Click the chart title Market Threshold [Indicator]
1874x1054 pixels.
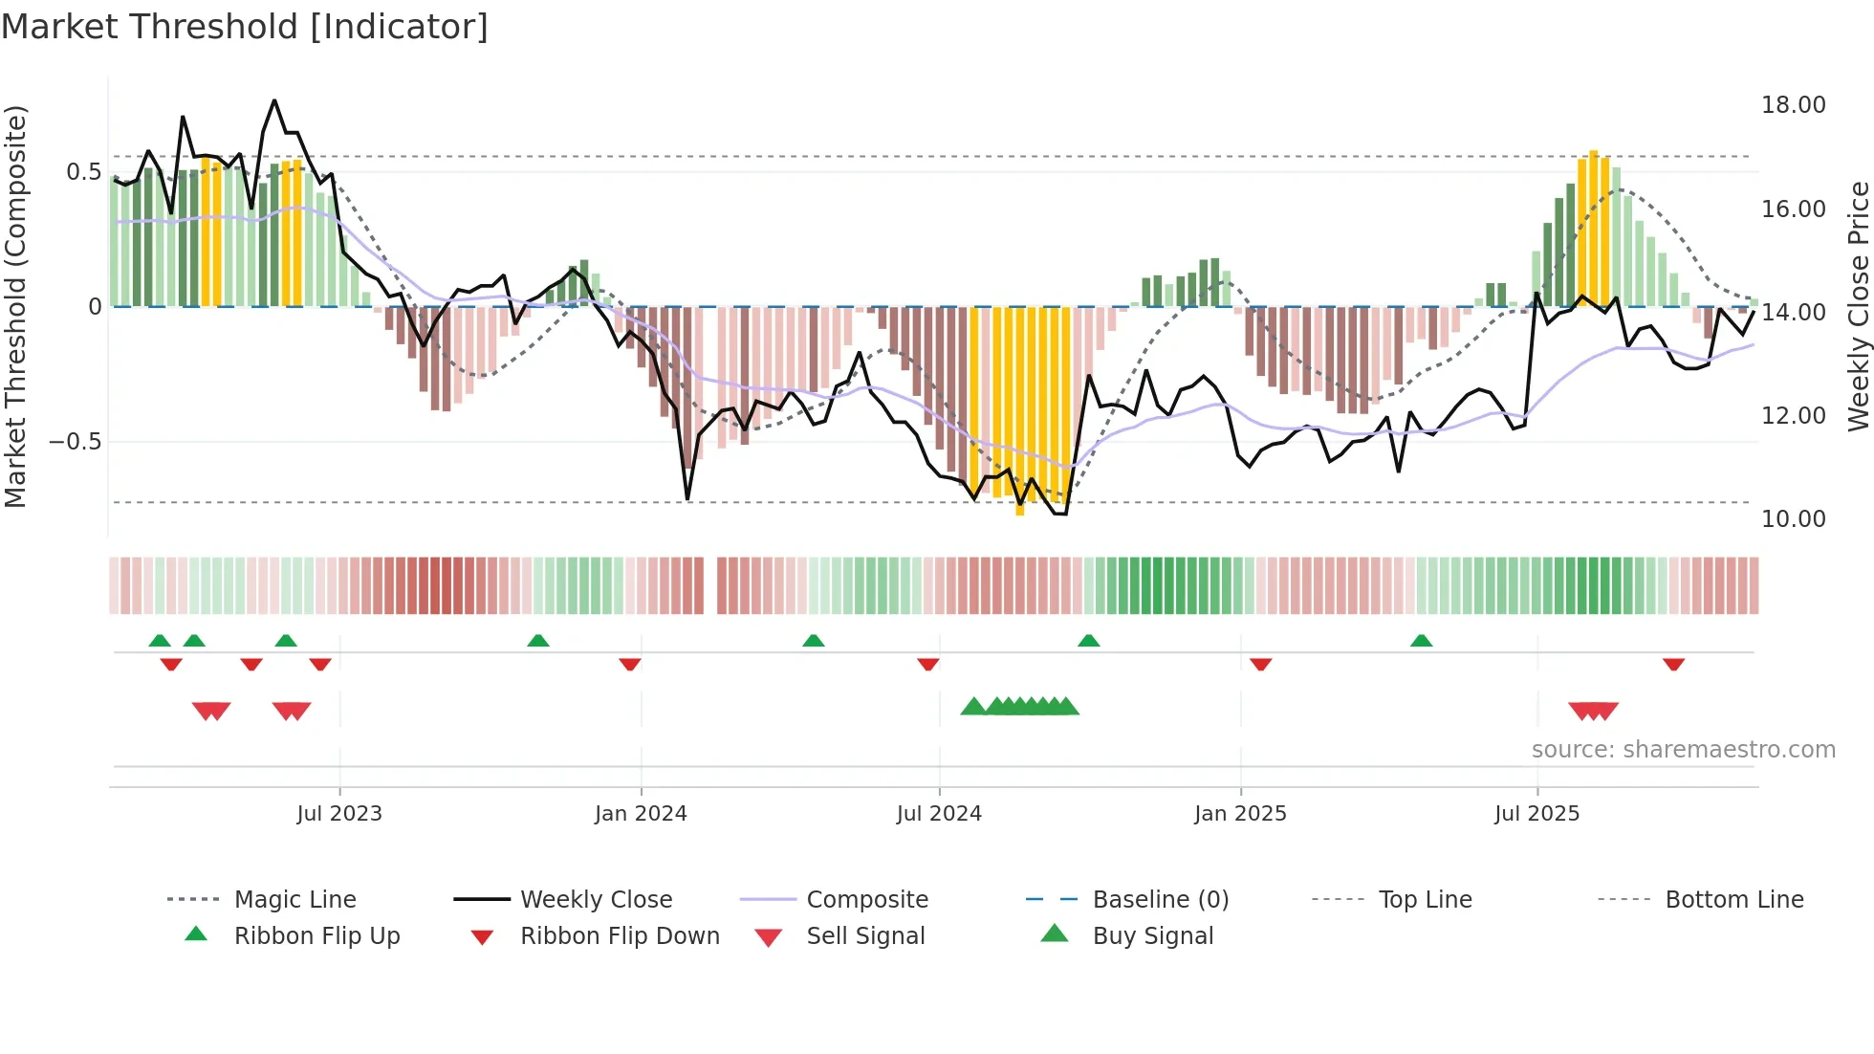[x=245, y=27]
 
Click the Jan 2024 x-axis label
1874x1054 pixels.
[x=641, y=814]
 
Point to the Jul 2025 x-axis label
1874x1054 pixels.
[x=1536, y=814]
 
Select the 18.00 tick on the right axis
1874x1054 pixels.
[x=1793, y=105]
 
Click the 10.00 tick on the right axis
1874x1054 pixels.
[x=1793, y=519]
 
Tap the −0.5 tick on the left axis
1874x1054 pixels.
[x=75, y=442]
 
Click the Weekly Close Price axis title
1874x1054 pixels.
[x=1858, y=306]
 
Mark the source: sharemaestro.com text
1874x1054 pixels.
[x=1683, y=750]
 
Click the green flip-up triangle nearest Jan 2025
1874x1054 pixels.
[x=1088, y=641]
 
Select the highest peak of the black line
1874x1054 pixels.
[x=274, y=100]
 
